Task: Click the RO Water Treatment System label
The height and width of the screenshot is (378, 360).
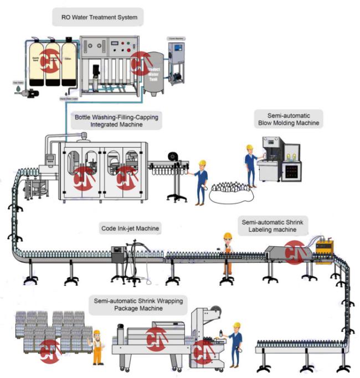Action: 99,18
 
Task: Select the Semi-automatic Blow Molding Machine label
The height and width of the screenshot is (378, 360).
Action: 288,118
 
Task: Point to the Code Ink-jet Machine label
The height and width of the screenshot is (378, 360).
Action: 130,227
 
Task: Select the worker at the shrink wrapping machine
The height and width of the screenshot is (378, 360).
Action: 235,343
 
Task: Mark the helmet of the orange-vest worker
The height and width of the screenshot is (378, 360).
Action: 227,236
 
